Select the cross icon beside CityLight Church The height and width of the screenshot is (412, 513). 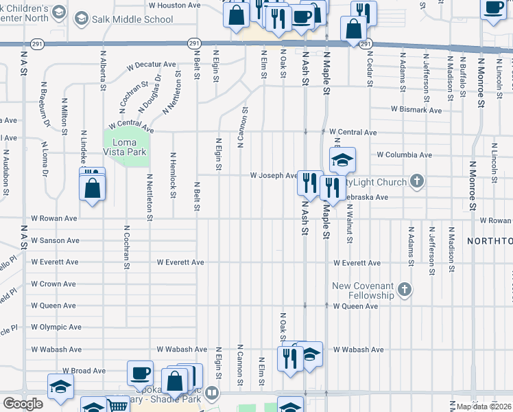tap(416, 181)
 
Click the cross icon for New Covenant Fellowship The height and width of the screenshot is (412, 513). tap(405, 290)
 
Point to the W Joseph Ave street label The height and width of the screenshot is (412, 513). tap(273, 176)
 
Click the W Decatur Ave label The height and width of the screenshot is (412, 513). tap(152, 65)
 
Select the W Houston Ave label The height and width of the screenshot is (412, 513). tap(174, 5)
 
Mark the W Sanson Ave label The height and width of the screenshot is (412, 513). tap(55, 241)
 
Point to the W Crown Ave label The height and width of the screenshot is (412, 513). tap(53, 284)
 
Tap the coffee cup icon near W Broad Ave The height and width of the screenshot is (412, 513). tap(141, 373)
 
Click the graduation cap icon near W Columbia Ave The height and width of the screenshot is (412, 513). tap(342, 160)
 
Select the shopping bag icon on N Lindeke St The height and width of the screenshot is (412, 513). tap(92, 187)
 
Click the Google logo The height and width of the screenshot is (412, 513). tap(23, 404)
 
